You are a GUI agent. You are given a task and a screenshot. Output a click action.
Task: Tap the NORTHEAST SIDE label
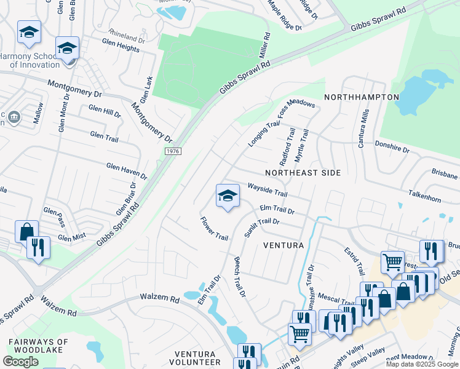303,173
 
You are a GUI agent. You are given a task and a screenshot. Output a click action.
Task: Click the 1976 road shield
173,151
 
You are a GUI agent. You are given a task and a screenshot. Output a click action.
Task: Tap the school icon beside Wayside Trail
228,196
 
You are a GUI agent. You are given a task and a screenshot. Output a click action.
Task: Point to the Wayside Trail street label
267,189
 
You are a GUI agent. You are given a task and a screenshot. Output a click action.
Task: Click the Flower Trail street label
214,228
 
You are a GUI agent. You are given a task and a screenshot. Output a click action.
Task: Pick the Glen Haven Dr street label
127,170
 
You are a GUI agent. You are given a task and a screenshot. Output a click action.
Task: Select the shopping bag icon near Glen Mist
27,232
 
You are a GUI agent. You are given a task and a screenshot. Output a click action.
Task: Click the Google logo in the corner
20,362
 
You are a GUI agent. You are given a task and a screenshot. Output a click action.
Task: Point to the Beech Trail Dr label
239,277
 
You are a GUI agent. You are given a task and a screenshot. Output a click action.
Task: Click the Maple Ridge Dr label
285,15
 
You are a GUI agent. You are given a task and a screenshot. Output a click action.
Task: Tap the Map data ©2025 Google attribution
422,364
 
